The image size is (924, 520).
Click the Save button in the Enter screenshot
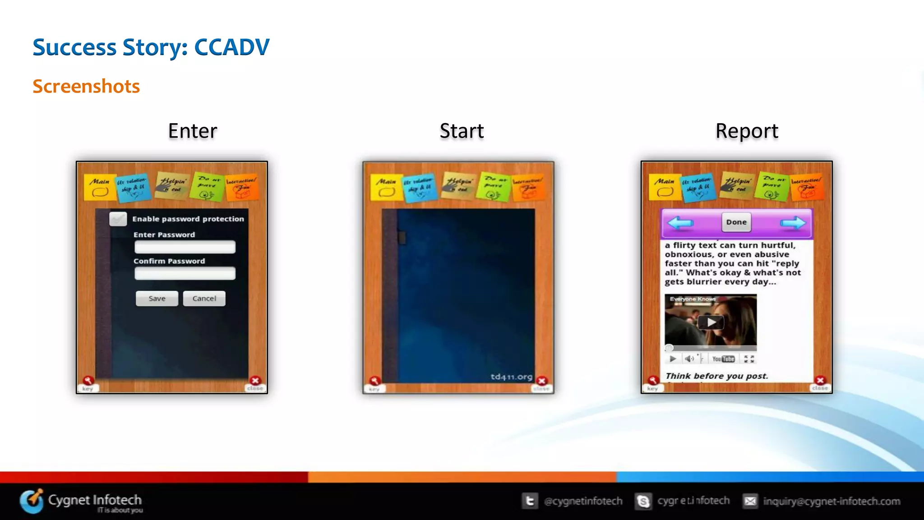[x=157, y=299]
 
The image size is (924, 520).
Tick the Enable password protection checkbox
[x=118, y=219]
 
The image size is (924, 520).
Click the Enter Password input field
[x=185, y=247]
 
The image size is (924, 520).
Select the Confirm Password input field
[x=185, y=273]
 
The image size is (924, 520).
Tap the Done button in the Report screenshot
[x=736, y=222]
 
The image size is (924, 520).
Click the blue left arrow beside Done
[x=680, y=222]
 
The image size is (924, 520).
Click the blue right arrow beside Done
[x=793, y=222]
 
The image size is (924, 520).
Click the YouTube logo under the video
[x=723, y=359]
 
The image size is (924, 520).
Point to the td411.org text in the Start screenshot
[x=511, y=377]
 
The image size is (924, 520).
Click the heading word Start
[x=462, y=131]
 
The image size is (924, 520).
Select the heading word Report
[x=747, y=131]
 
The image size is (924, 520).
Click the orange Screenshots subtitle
[x=86, y=86]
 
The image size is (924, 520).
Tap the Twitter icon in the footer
[x=530, y=501]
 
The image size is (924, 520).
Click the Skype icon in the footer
[x=643, y=501]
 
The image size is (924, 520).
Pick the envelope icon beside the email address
[x=750, y=501]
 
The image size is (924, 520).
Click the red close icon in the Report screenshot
[x=820, y=381]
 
